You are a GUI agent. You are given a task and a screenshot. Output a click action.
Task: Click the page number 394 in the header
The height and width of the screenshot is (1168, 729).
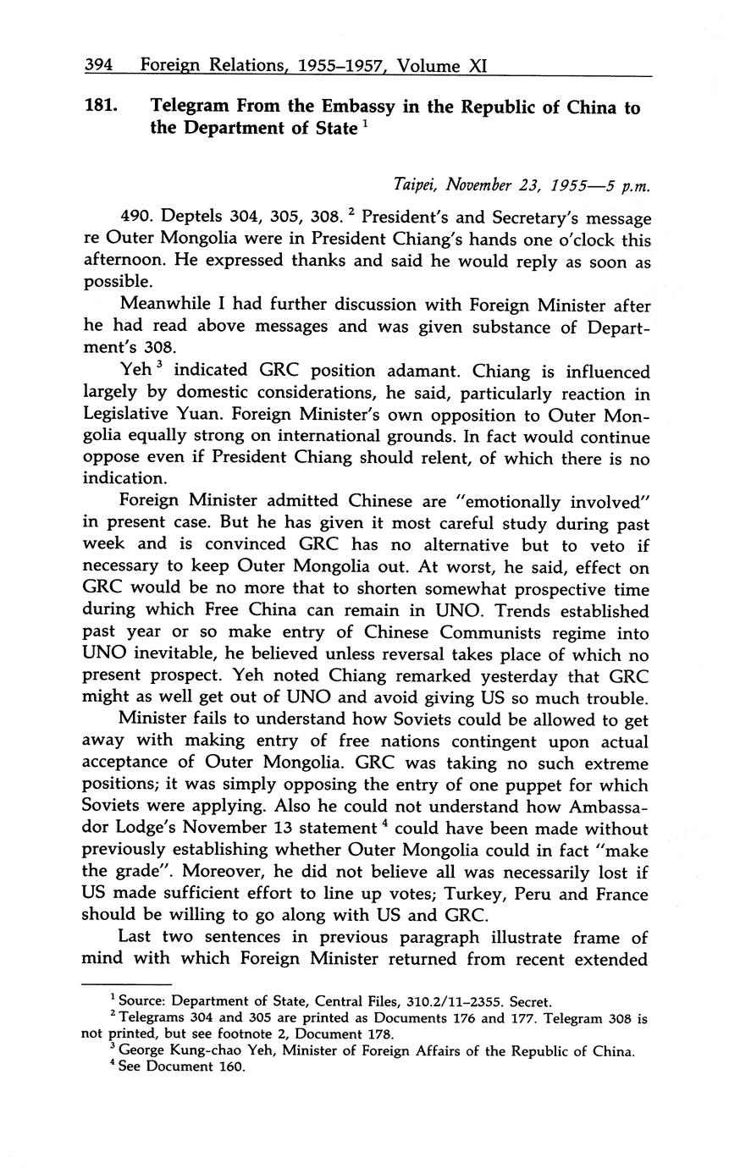click(x=98, y=65)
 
